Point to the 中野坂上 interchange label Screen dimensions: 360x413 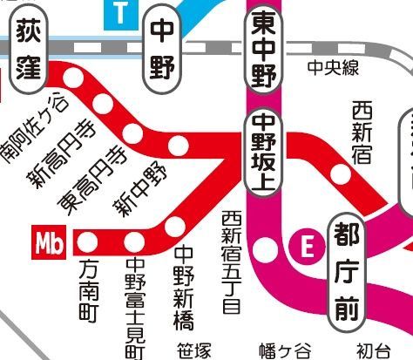pos(264,152)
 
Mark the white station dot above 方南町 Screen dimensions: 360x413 pos(88,240)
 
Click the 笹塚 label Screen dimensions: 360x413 pos(193,350)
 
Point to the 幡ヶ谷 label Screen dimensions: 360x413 pos(279,350)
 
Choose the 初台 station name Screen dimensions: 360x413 pos(373,350)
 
